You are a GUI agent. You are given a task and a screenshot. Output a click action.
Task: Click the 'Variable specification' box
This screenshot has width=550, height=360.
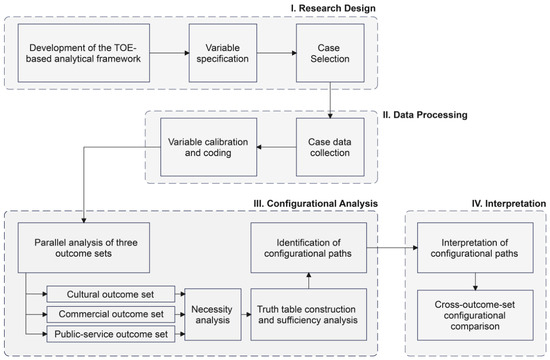223,53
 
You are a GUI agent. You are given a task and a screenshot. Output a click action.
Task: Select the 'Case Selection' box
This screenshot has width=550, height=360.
330,53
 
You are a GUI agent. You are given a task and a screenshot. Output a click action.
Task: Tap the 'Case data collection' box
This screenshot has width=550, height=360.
330,147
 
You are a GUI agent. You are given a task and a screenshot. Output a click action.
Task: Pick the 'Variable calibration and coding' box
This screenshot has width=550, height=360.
208,147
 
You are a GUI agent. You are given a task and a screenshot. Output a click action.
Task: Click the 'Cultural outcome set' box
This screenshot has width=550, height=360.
110,294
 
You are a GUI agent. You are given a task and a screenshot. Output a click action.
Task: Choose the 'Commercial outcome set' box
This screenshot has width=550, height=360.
110,314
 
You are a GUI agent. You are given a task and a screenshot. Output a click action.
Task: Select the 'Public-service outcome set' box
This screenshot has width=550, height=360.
110,334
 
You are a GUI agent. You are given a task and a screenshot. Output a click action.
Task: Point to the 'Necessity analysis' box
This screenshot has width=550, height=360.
213,314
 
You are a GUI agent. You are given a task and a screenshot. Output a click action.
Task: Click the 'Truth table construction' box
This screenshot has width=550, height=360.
308,314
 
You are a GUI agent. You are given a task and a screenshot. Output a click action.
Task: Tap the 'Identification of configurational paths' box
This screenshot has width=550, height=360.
308,247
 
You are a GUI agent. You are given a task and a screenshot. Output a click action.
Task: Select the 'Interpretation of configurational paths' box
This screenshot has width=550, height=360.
475,247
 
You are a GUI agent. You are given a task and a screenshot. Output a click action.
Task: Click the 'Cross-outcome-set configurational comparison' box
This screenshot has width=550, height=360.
475,315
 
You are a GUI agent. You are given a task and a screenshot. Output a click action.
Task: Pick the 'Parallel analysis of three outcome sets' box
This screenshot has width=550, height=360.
84,247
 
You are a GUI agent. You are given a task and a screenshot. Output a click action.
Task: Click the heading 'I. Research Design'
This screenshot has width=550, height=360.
333,8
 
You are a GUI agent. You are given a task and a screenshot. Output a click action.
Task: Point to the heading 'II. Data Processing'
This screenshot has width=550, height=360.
425,115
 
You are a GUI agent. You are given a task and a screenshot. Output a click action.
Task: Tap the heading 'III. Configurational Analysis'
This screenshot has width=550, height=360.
315,204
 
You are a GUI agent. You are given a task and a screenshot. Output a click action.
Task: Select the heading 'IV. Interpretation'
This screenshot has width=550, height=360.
509,204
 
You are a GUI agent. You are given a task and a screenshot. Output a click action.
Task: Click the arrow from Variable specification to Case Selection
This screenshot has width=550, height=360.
277,53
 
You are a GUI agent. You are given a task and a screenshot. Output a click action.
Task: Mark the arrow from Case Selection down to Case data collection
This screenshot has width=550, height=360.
330,100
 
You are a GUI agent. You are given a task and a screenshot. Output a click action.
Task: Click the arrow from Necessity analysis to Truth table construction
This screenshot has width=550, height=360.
246,314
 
